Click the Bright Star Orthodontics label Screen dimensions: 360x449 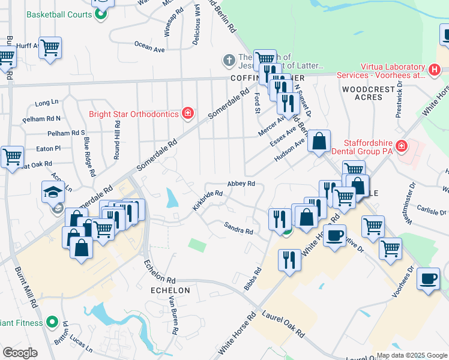[x=133, y=113]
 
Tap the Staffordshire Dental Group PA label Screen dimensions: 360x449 [x=367, y=147]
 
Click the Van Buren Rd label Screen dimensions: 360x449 [x=174, y=314]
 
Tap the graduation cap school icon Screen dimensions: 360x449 [x=52, y=191]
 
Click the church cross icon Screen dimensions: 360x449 [x=228, y=60]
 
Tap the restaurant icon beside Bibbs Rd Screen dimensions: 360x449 [x=289, y=260]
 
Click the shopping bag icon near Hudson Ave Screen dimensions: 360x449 [x=319, y=140]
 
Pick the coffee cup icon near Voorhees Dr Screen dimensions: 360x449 [x=428, y=279]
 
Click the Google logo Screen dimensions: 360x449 [x=20, y=353]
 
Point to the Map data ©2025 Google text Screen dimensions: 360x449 [x=411, y=355]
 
